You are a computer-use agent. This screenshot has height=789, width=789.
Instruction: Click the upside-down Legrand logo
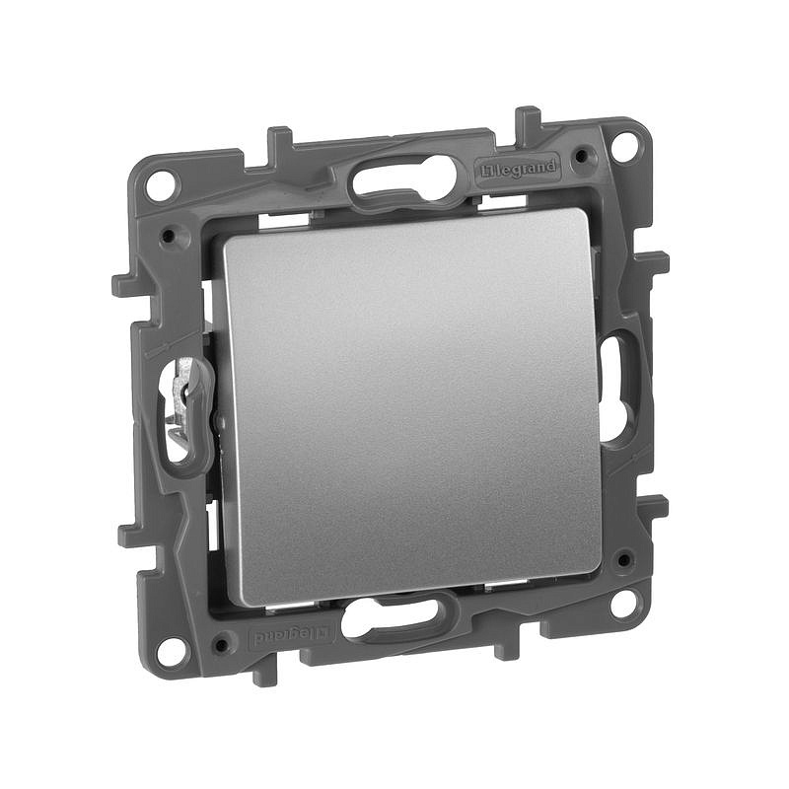(x=290, y=636)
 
